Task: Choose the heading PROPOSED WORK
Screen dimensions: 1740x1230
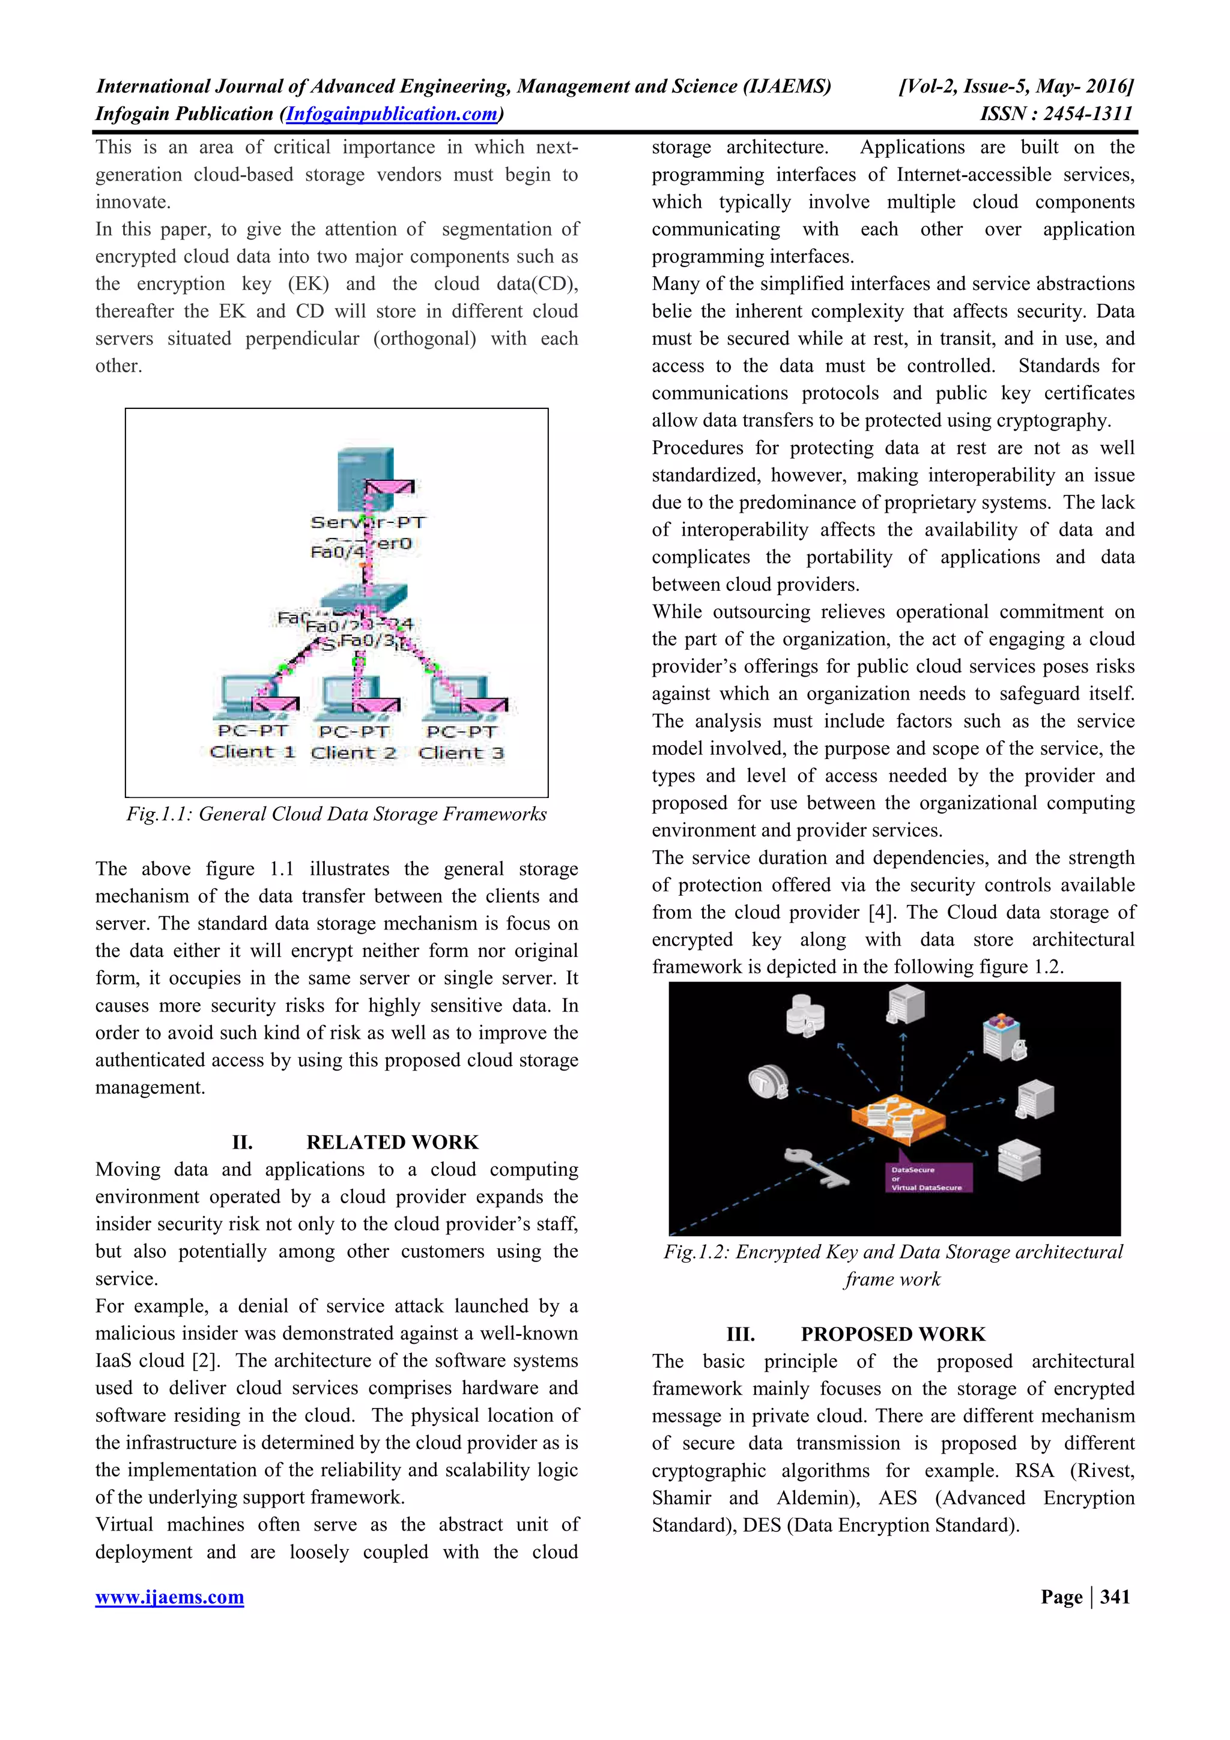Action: coord(892,1334)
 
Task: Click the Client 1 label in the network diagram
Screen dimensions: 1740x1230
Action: coord(252,752)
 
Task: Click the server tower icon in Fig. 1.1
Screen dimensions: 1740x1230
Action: coord(365,474)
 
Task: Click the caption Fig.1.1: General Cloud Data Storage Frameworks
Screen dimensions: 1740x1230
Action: coord(336,814)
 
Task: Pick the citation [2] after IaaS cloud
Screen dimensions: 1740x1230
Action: coord(205,1361)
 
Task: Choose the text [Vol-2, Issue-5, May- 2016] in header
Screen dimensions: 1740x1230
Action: coord(1016,86)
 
